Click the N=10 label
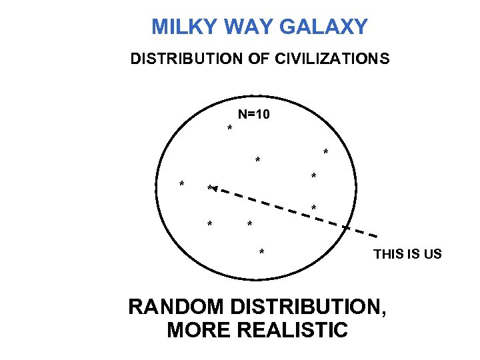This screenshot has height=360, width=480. [x=254, y=115]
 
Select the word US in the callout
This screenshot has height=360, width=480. [x=433, y=254]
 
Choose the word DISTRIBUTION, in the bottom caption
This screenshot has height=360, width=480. [x=311, y=307]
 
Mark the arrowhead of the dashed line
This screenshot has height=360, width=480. [x=215, y=189]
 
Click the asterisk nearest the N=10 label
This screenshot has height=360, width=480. [x=230, y=128]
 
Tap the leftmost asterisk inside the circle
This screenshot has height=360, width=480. [x=181, y=185]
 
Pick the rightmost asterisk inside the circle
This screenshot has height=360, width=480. [x=325, y=153]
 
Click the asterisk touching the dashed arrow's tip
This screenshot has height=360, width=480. [x=209, y=188]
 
